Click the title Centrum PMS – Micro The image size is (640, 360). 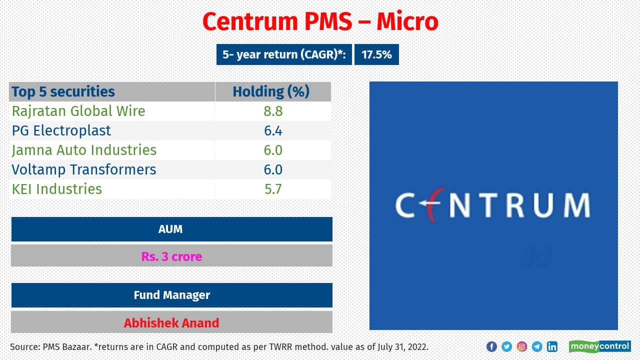pyautogui.click(x=320, y=21)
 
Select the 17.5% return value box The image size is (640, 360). pyautogui.click(x=376, y=54)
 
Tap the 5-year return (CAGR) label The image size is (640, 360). pyautogui.click(x=284, y=54)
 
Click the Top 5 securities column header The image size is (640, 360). pyautogui.click(x=63, y=91)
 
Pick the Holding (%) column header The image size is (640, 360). pyautogui.click(x=271, y=91)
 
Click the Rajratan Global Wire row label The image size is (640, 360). pyautogui.click(x=78, y=111)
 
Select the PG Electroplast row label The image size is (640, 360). pyautogui.click(x=61, y=130)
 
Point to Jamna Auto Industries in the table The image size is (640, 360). pyautogui.click(x=84, y=150)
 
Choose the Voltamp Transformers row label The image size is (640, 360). pyautogui.click(x=84, y=169)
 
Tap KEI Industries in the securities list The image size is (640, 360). pyautogui.click(x=57, y=189)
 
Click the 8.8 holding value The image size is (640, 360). pyautogui.click(x=273, y=111)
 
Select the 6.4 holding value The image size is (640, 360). pyautogui.click(x=273, y=130)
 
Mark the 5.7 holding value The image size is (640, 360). pyautogui.click(x=273, y=189)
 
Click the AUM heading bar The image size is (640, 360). pyautogui.click(x=171, y=229)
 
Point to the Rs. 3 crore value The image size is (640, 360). pyautogui.click(x=171, y=256)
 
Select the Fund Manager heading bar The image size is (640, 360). pyautogui.click(x=171, y=295)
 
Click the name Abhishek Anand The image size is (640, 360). pyautogui.click(x=171, y=322)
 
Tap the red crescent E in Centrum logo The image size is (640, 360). pyautogui.click(x=429, y=205)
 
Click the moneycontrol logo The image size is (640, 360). pyautogui.click(x=599, y=346)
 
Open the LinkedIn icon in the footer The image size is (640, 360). pyautogui.click(x=552, y=346)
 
